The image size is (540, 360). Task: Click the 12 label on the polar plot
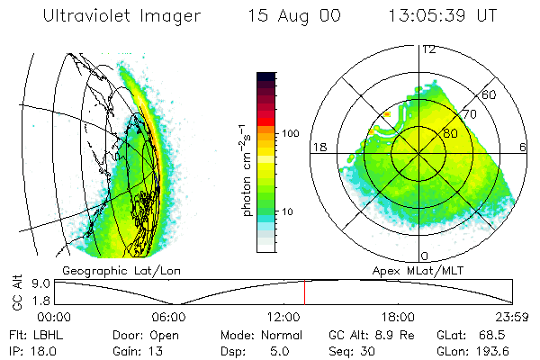pos(429,49)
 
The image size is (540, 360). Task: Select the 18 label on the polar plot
pos(318,147)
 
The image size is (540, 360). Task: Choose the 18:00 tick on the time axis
pos(398,316)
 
